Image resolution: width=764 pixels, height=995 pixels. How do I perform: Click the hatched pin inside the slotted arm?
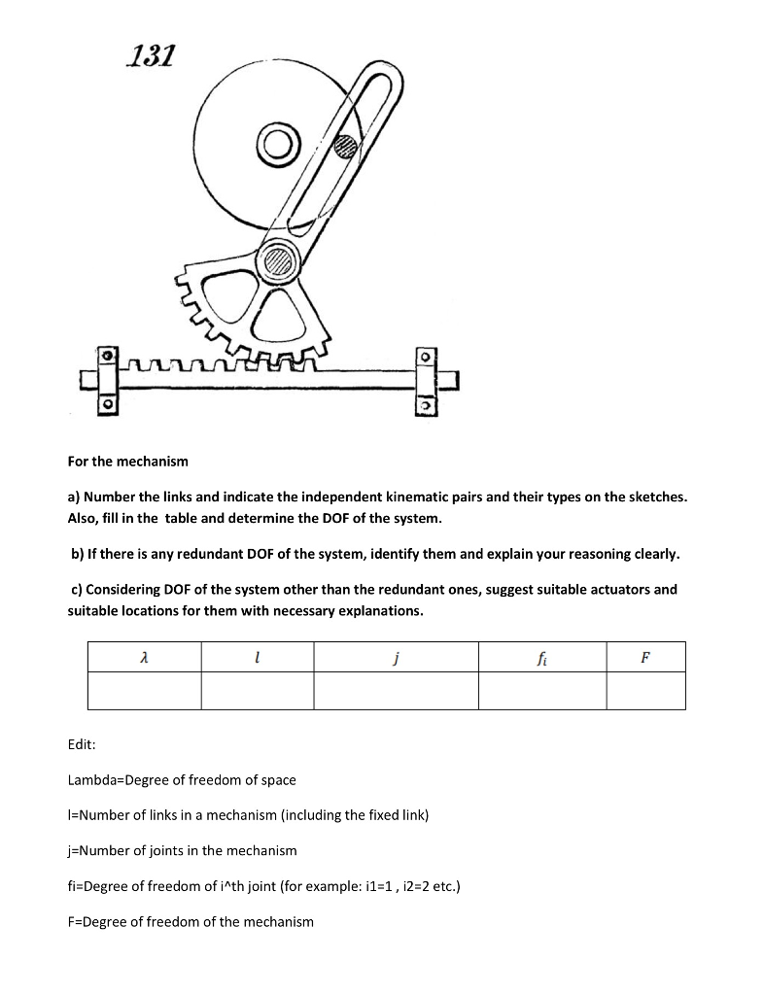(344, 147)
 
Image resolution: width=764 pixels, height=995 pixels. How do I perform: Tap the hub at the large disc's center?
(276, 146)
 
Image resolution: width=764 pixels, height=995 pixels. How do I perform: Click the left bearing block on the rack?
(110, 379)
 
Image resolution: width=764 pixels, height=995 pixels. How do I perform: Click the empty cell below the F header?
(645, 690)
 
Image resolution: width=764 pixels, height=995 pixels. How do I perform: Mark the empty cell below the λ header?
(144, 690)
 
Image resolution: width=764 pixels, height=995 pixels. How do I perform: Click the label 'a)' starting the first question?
(75, 497)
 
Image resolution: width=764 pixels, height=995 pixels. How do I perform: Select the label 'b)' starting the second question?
(78, 554)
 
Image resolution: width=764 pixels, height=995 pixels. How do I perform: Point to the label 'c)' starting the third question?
(77, 589)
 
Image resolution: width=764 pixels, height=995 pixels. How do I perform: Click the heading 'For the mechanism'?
(127, 460)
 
